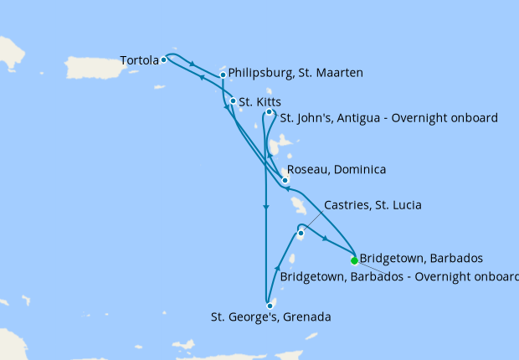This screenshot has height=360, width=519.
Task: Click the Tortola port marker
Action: [164, 59]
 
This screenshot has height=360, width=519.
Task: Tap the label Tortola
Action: [140, 60]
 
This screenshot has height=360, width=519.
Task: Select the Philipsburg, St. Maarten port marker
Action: [223, 75]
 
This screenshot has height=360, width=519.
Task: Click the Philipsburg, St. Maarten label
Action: [295, 74]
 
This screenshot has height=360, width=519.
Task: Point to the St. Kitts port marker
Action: [233, 101]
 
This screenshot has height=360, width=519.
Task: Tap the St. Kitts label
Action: [259, 102]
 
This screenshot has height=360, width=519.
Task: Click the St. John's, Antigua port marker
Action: [269, 112]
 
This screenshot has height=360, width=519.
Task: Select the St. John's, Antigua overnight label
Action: [388, 117]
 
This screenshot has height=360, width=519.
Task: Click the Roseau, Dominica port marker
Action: [285, 180]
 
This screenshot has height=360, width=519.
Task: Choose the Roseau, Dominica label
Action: [337, 170]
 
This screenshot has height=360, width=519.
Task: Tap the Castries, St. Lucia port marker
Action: [301, 233]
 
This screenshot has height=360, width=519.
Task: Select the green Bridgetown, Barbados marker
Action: [354, 260]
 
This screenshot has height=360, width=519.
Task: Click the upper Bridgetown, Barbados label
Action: [420, 258]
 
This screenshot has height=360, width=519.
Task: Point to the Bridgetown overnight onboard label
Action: [399, 275]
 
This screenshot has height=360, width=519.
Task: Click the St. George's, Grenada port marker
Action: [270, 306]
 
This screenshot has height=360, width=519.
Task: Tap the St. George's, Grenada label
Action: [270, 317]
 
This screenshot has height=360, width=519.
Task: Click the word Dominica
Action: [360, 170]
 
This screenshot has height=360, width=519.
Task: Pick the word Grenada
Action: [307, 317]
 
